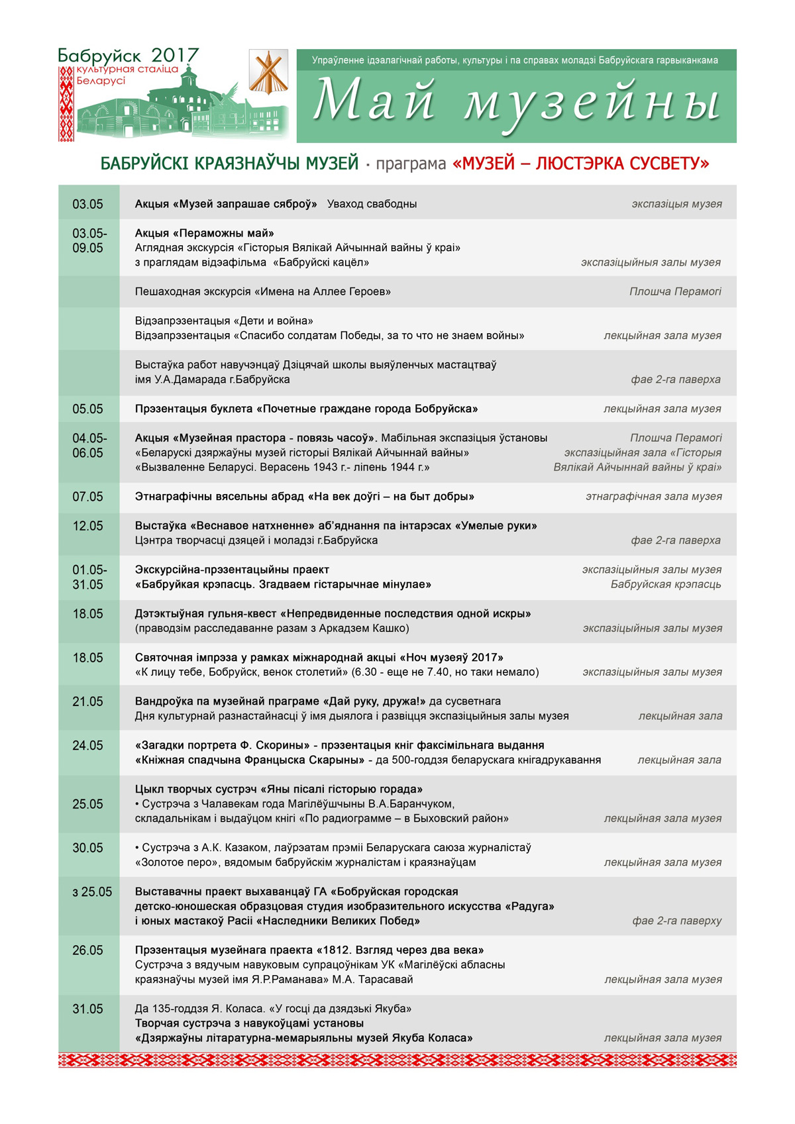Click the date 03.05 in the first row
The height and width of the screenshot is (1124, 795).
coord(87,204)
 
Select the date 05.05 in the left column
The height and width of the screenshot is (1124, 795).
coord(87,409)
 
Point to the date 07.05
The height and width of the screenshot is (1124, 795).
coord(87,497)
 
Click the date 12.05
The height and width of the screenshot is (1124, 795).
coord(87,526)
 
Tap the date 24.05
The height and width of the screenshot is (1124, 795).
coord(87,746)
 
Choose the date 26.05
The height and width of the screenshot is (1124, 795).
coord(87,950)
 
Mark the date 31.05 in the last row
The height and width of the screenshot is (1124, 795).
coord(87,1009)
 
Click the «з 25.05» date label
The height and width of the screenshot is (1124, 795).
coord(92,892)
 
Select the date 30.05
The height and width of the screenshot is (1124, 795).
coord(87,848)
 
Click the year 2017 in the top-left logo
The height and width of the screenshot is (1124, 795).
coord(175,55)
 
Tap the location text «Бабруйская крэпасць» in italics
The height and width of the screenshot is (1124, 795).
coord(666,584)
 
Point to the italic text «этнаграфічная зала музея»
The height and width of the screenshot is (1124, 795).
coord(653,497)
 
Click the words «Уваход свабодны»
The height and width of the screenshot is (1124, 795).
coord(372,204)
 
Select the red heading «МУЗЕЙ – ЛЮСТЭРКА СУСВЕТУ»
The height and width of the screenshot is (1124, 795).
coord(580,164)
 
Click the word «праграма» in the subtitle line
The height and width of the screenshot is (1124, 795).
coord(411,164)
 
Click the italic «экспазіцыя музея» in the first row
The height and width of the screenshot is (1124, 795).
coord(676,204)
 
